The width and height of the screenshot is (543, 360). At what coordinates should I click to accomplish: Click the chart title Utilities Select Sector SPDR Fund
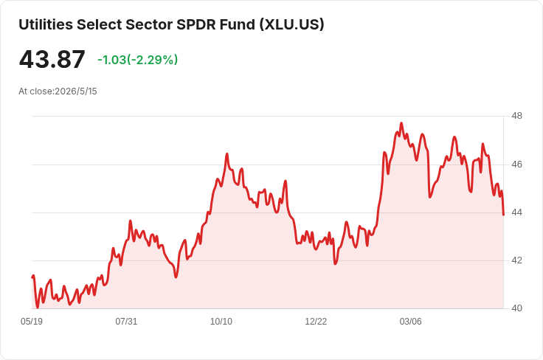pyautogui.click(x=136, y=24)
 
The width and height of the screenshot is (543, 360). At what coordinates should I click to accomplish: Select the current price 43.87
pyautogui.click(x=52, y=59)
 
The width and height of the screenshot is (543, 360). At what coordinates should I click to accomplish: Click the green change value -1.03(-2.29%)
pyautogui.click(x=138, y=60)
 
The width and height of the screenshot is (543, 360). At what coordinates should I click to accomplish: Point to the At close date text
pyautogui.click(x=58, y=91)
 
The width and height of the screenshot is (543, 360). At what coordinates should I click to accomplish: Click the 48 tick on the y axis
pyautogui.click(x=516, y=116)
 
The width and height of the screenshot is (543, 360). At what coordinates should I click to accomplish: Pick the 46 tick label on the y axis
pyautogui.click(x=516, y=165)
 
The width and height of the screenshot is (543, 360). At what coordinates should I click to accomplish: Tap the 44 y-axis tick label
pyautogui.click(x=516, y=212)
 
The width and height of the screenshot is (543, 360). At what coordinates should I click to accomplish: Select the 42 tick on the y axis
pyautogui.click(x=516, y=260)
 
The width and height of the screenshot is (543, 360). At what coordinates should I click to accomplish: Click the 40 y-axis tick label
pyautogui.click(x=516, y=308)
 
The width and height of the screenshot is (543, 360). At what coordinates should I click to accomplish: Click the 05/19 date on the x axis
pyautogui.click(x=32, y=322)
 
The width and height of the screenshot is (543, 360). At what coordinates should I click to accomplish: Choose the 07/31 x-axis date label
pyautogui.click(x=126, y=322)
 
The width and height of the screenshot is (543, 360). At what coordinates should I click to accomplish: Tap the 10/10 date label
pyautogui.click(x=221, y=322)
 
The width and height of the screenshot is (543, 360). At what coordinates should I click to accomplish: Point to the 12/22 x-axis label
pyautogui.click(x=316, y=322)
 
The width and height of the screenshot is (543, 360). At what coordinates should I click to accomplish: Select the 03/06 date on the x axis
pyautogui.click(x=411, y=322)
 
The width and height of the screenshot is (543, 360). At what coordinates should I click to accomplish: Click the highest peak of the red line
pyautogui.click(x=401, y=123)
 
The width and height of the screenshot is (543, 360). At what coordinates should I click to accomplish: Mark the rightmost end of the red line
pyautogui.click(x=503, y=215)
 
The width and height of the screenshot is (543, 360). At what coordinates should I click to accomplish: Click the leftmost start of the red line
pyautogui.click(x=32, y=277)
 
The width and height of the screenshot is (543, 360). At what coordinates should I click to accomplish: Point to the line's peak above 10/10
pyautogui.click(x=227, y=153)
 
